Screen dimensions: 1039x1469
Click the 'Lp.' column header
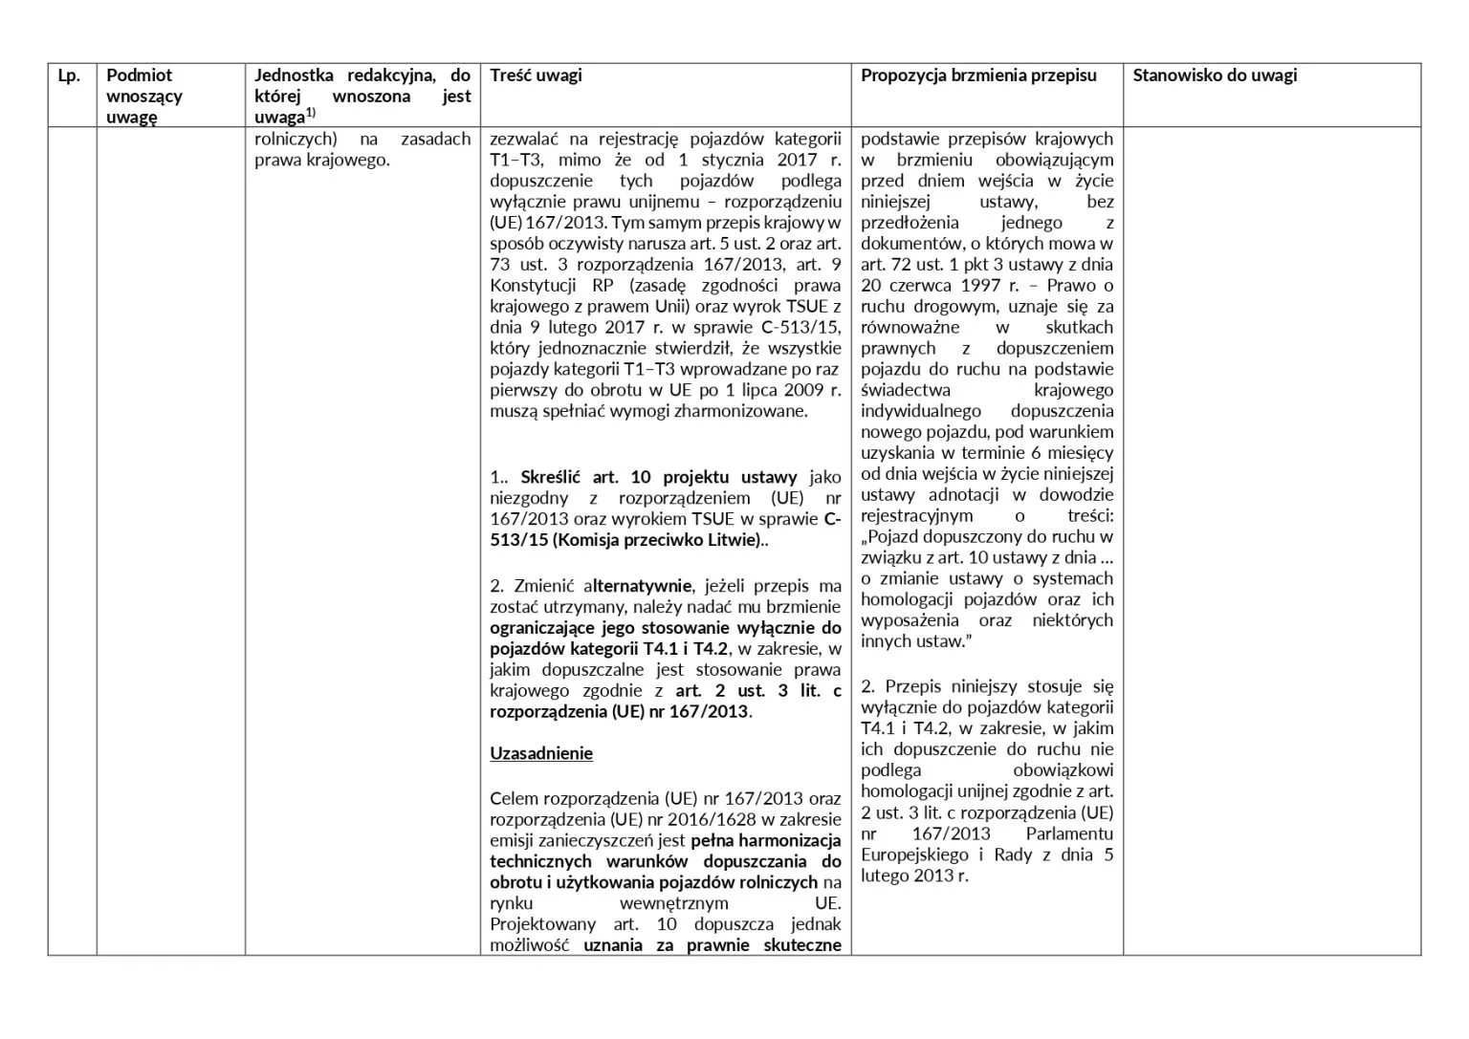tap(68, 76)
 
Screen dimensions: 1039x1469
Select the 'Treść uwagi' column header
tap(536, 76)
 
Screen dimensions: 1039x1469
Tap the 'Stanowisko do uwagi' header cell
tap(1215, 76)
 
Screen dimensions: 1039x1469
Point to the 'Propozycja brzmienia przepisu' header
tap(978, 76)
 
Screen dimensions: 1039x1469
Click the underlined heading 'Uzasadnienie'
tap(541, 754)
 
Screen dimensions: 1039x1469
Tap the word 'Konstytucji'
tap(533, 286)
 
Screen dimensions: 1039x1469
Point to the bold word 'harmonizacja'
tap(793, 841)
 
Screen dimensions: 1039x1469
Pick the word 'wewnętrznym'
tap(673, 904)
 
